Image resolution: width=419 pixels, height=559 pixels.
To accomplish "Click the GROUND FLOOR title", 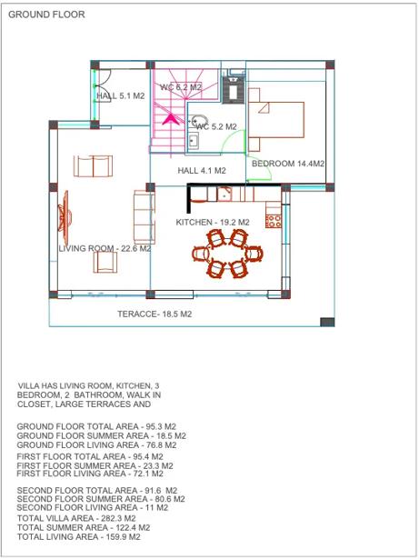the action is (46, 15).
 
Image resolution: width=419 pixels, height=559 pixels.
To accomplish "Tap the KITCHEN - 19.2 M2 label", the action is (213, 223).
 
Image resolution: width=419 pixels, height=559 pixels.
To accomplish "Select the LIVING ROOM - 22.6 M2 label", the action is (105, 248).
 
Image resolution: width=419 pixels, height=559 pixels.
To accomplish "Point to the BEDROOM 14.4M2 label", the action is (288, 164).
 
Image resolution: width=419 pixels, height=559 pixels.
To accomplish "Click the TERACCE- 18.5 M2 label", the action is (155, 314).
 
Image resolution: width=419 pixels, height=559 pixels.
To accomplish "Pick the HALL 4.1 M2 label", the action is (202, 171).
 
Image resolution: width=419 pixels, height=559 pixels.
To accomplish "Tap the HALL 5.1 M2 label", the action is (121, 96).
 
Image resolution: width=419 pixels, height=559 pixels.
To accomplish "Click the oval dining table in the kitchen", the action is (227, 254).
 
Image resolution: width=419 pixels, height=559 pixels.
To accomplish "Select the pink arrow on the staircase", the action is (171, 119).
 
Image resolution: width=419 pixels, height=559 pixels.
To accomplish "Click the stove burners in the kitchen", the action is (274, 221).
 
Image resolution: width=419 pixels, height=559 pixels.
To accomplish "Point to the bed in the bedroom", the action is (276, 120).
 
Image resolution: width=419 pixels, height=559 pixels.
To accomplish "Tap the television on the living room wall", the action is (65, 216).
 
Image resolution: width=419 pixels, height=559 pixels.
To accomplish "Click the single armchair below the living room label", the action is (105, 263).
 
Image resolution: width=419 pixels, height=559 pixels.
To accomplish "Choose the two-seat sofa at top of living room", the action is (93, 166).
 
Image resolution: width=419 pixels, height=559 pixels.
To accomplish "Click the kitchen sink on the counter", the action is (224, 195).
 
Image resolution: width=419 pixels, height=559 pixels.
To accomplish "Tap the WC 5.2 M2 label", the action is (216, 126).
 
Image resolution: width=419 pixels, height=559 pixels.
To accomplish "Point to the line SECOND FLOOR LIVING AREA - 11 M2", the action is (93, 508).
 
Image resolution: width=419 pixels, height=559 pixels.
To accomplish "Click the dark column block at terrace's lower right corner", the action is (327, 322).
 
